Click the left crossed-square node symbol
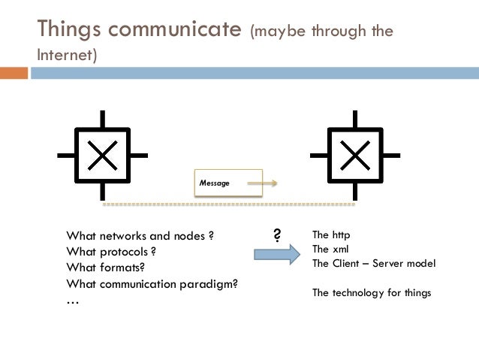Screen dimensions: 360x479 103,156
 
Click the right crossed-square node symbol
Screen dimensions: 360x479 355,156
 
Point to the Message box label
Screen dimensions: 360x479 215,183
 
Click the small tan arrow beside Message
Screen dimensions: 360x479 262,183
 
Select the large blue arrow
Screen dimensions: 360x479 276,256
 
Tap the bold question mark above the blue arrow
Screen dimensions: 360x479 276,236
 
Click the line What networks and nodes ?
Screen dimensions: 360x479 140,236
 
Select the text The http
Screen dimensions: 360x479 330,236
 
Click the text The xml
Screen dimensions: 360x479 330,250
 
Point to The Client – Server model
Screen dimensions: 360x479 373,264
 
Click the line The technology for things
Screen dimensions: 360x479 372,292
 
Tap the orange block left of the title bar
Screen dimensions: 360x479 14,73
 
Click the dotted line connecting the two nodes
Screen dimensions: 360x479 228,204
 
